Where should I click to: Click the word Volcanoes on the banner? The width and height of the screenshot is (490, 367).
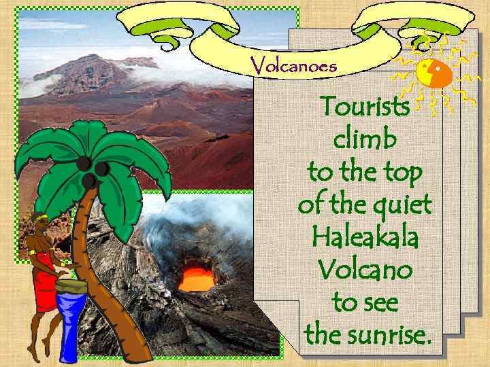click(x=293, y=65)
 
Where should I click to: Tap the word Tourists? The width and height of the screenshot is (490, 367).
click(x=365, y=107)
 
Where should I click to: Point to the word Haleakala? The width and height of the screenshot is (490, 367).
click(x=365, y=238)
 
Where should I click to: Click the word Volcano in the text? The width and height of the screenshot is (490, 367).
click(x=365, y=270)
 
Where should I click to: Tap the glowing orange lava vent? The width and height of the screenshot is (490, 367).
click(x=197, y=277)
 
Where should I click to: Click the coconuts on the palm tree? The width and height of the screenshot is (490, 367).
click(x=91, y=170)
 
